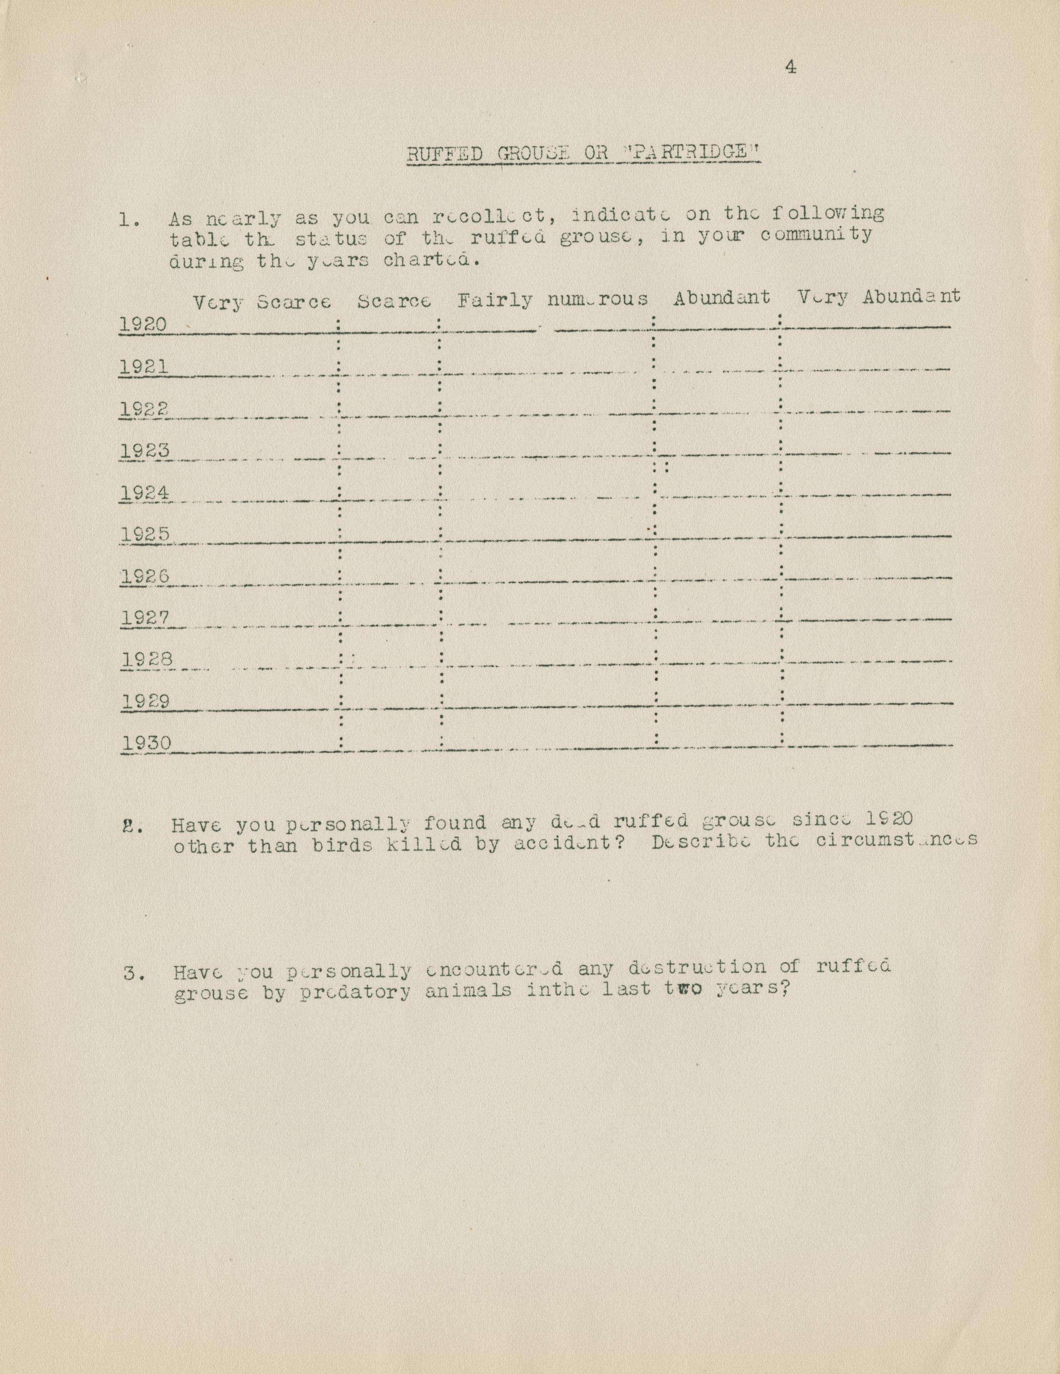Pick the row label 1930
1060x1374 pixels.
(x=146, y=743)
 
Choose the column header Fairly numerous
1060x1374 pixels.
(x=552, y=300)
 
